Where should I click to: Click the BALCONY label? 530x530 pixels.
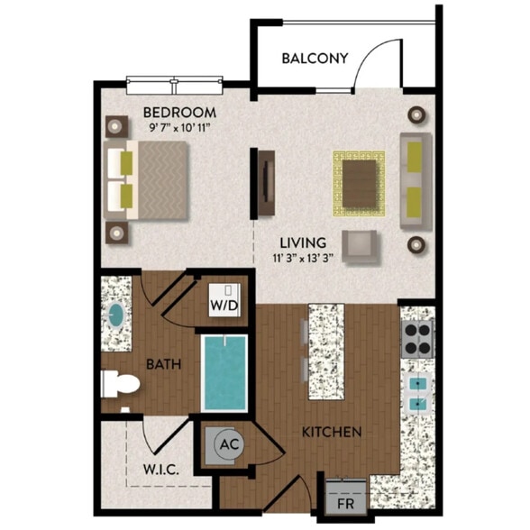[x=315, y=59]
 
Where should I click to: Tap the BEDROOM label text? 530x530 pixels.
[x=179, y=112]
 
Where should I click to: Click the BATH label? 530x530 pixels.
[x=164, y=365]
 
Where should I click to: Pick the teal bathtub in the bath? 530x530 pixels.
[x=224, y=372]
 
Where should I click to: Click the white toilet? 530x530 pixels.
[x=120, y=384]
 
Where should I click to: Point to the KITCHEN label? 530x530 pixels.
[x=333, y=433]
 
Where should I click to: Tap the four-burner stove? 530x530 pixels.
[x=418, y=338]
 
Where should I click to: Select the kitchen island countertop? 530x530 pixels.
[x=327, y=352]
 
